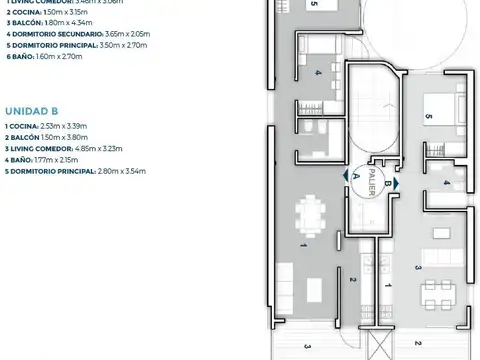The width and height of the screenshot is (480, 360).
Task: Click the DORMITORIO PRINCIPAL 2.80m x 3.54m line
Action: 75,171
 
